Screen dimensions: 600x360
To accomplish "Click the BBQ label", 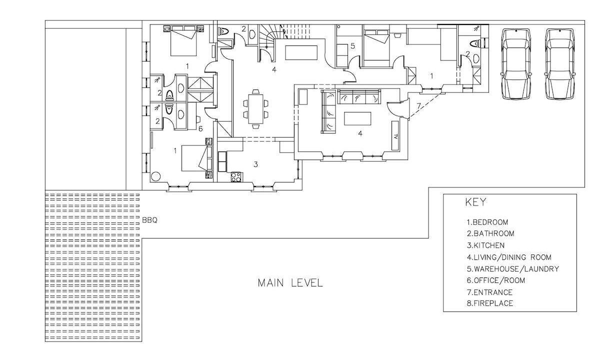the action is (x=149, y=220).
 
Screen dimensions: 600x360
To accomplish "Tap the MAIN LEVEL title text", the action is (x=290, y=283).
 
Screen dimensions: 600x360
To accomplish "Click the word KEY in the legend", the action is (x=475, y=202).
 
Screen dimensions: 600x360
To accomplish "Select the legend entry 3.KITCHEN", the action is (x=485, y=245).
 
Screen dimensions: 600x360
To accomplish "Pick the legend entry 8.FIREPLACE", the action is (x=490, y=303).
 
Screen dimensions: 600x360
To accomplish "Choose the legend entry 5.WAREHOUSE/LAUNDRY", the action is (x=513, y=268).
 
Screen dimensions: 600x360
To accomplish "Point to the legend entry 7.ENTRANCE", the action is (x=489, y=292).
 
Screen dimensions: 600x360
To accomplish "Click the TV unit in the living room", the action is (x=395, y=135).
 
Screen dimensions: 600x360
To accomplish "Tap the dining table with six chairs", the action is (x=255, y=109).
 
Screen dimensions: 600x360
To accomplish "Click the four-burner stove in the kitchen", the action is (x=236, y=177).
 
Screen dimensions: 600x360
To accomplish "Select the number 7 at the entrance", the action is (x=419, y=106).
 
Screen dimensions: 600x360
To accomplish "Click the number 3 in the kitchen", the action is (x=255, y=164).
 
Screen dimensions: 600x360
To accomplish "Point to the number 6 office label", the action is (x=200, y=129).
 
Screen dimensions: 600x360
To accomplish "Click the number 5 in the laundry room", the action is (x=352, y=46).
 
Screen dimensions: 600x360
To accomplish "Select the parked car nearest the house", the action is (x=516, y=64).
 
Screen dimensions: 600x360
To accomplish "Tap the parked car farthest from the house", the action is (x=560, y=64).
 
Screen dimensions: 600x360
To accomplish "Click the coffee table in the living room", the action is (x=357, y=118).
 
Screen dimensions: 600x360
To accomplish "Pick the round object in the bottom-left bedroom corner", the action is (x=155, y=176).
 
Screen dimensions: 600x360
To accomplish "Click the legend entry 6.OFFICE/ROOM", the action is (x=496, y=280).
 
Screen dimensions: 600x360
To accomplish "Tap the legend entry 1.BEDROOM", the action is (x=487, y=222).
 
